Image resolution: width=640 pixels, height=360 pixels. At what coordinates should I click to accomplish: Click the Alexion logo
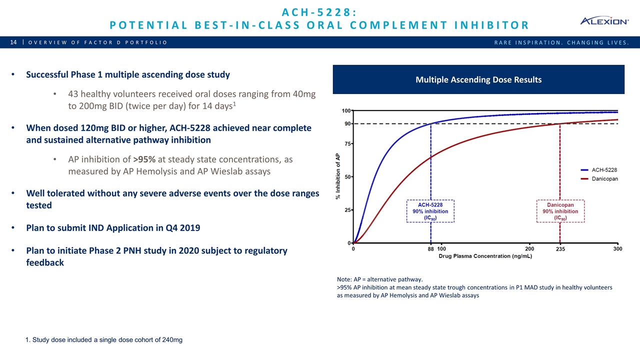click(x=604, y=21)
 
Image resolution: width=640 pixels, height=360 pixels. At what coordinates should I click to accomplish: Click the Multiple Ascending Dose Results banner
click(x=478, y=79)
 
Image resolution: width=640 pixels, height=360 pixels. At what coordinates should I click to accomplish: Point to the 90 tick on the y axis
click(x=346, y=123)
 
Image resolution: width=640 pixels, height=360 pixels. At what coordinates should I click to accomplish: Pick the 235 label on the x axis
click(x=559, y=249)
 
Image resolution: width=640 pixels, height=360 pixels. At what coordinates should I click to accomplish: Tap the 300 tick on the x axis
click(x=618, y=248)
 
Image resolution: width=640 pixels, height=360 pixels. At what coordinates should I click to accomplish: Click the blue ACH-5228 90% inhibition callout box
click(x=430, y=211)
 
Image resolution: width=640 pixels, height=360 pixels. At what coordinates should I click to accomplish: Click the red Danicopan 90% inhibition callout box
click(x=560, y=211)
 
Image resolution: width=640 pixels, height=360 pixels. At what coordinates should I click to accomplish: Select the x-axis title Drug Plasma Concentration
click(x=485, y=256)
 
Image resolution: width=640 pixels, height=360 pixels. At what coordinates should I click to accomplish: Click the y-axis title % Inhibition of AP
click(x=337, y=176)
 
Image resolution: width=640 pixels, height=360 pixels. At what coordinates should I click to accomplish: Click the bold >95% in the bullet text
click(x=143, y=159)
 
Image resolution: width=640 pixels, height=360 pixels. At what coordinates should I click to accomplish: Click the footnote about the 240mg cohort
click(x=103, y=340)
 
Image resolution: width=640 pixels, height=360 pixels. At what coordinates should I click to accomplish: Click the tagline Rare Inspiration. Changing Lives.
click(x=560, y=42)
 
